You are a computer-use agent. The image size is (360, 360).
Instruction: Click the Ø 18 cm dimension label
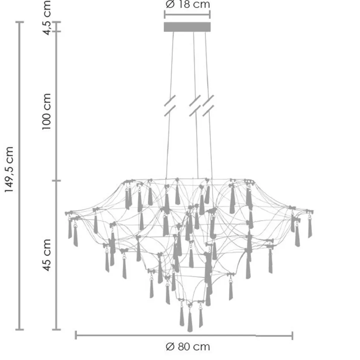point(187,4)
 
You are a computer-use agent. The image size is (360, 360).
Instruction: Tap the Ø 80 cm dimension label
point(187,347)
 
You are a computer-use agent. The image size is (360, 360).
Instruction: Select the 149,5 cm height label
point(9,170)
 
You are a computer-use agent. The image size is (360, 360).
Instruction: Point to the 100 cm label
point(46,112)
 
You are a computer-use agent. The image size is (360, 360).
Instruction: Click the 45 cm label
point(46,255)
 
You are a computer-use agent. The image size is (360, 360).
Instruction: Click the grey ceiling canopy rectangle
point(187,27)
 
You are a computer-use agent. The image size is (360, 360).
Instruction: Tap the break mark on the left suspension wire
point(170,106)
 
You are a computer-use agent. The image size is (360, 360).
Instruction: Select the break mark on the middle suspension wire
point(195,106)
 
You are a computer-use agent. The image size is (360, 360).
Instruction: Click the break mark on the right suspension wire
point(208,106)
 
